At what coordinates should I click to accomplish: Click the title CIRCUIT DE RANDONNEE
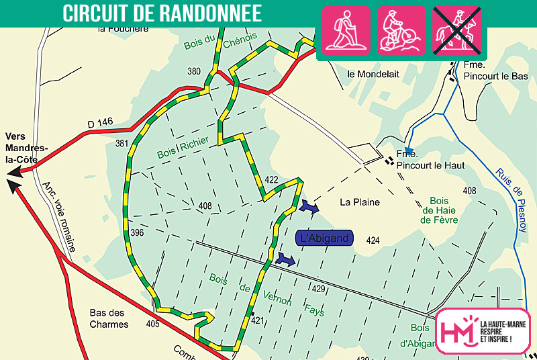click(162, 13)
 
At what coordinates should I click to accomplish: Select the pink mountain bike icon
click(401, 30)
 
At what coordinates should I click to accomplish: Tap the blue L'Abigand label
click(324, 238)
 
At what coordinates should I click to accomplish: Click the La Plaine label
click(359, 202)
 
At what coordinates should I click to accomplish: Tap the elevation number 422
click(271, 180)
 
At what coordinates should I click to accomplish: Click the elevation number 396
click(138, 233)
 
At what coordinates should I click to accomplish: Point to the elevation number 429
click(318, 288)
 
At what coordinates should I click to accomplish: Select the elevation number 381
click(121, 143)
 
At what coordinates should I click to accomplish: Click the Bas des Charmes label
click(109, 318)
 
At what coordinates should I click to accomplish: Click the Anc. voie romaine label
click(58, 216)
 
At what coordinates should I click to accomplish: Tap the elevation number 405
click(152, 324)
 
